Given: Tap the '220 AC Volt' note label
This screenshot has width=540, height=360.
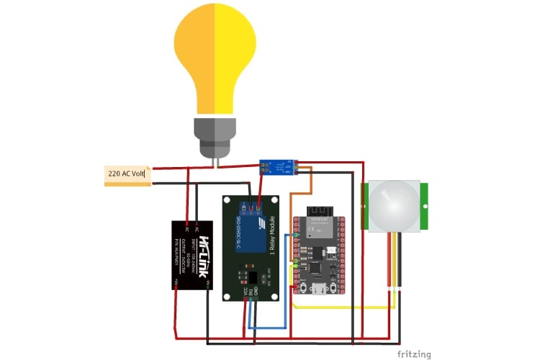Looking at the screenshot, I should coord(127,174).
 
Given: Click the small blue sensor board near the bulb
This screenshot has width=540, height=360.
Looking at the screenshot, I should coord(278,168).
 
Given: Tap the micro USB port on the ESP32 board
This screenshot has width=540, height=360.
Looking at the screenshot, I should coord(318,289).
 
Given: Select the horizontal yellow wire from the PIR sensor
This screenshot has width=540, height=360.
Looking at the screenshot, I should coord(346,307).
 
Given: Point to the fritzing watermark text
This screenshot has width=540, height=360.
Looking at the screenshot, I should coord(414,354).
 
